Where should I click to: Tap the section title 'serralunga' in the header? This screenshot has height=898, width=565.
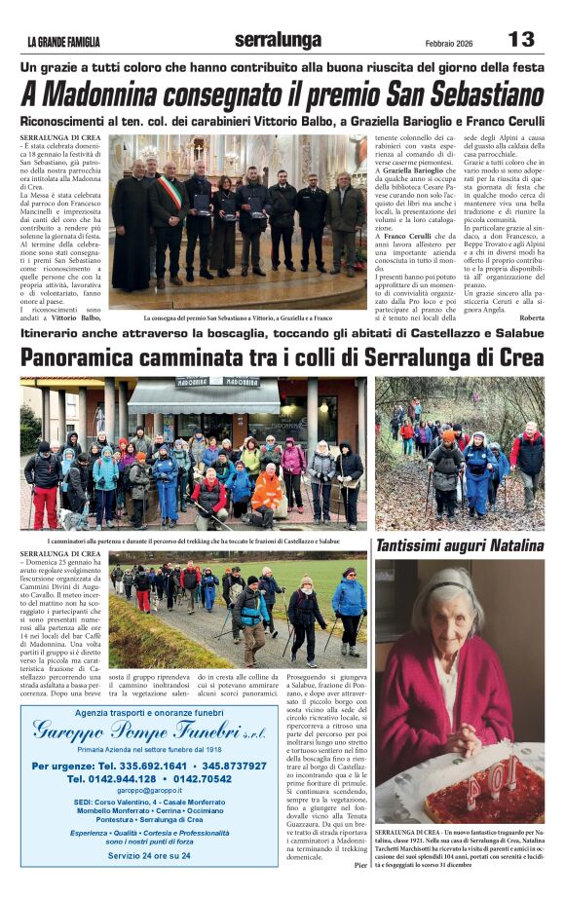pos(278,40)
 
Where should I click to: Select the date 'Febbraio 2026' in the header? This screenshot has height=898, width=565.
pos(452,42)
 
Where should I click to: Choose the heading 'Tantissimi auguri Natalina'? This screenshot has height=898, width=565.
pos(460,545)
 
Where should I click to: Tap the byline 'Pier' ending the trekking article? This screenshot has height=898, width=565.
pos(359,864)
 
